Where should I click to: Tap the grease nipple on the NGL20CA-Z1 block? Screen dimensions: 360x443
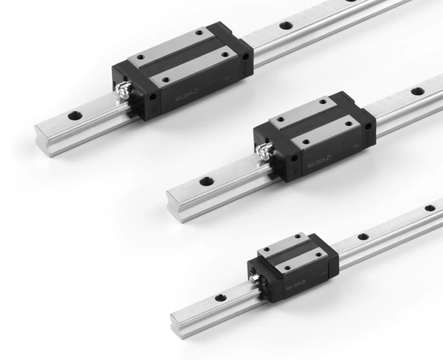tap(265, 150)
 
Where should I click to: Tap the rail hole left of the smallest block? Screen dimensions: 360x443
tap(220, 298)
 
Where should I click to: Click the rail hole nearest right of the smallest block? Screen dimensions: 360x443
tap(363, 236)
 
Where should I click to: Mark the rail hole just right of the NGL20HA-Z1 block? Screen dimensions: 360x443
tap(286, 25)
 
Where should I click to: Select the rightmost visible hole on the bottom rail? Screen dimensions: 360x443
tap(430, 208)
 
